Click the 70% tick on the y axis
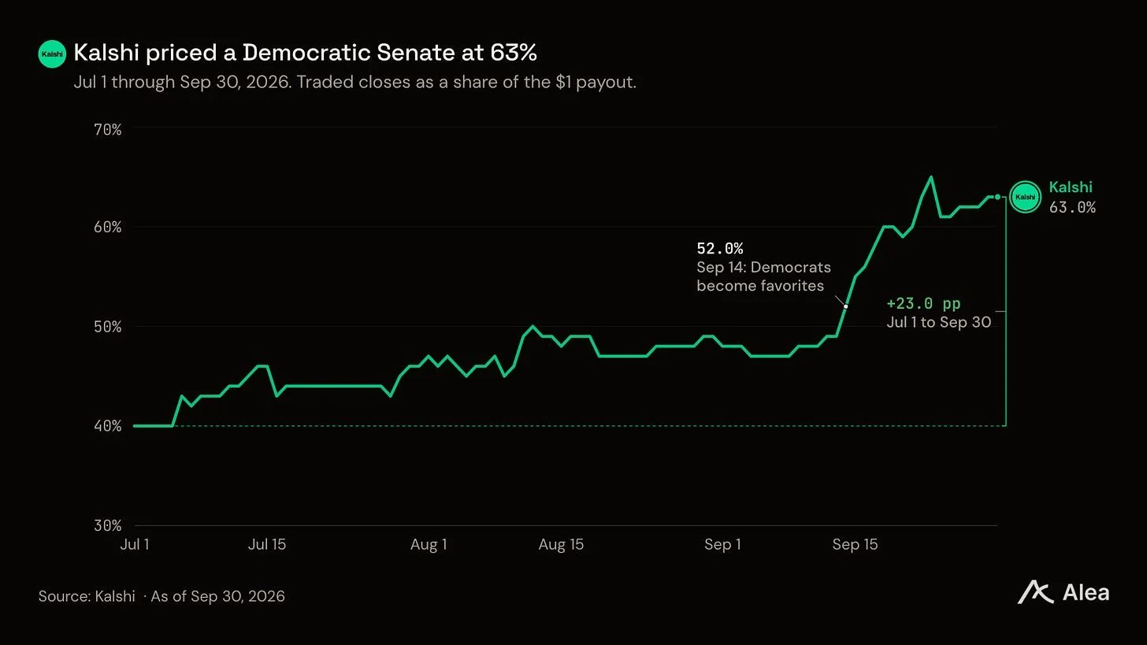pos(107,129)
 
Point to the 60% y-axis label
pos(107,227)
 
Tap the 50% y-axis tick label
pos(107,327)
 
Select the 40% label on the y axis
pos(107,426)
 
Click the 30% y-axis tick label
pos(107,525)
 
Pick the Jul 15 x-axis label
pos(267,544)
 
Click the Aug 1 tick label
pos(429,545)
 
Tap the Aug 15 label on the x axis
pos(561,545)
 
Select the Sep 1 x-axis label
pos(722,545)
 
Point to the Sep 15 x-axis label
pos(855,544)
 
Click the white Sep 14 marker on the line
pos(845,306)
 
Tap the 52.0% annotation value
pos(719,249)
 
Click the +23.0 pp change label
pos(923,303)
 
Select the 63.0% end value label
pos(1072,207)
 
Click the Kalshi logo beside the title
pos(52,54)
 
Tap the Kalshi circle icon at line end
pos(1025,197)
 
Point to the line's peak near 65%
pos(931,177)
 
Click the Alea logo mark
pos(1035,592)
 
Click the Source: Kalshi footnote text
pos(87,596)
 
